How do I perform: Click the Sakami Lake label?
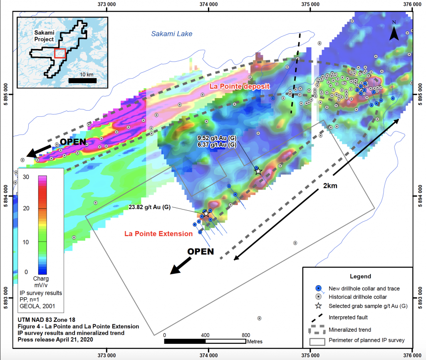click(x=171, y=34)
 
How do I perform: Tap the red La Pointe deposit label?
click(x=240, y=86)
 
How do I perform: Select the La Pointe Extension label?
click(x=159, y=234)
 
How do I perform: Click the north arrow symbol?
click(x=394, y=32)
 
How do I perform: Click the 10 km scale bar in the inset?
click(x=83, y=79)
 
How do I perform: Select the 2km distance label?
click(x=330, y=186)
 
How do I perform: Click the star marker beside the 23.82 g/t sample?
click(x=206, y=213)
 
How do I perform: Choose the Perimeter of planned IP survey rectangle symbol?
click(x=318, y=340)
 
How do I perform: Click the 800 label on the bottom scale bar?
click(x=246, y=335)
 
